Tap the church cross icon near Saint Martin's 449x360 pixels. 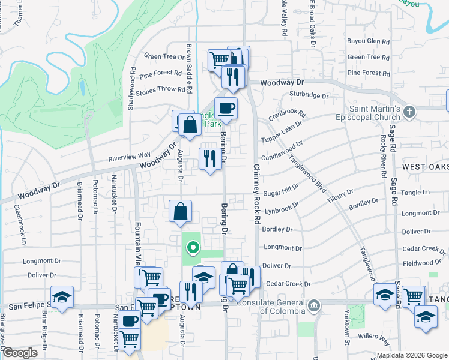[x=409, y=112]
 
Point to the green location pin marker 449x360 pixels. [x=193, y=247]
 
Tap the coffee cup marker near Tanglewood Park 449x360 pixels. [x=226, y=109]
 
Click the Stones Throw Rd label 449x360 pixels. [x=161, y=89]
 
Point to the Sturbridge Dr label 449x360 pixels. [x=309, y=94]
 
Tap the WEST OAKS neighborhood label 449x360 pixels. [x=424, y=166]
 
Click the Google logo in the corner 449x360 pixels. [x=20, y=353]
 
